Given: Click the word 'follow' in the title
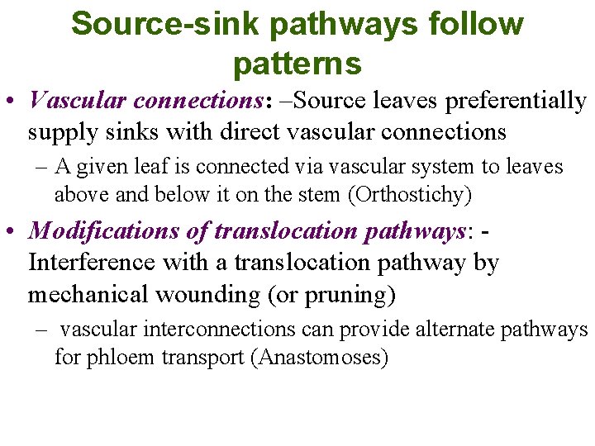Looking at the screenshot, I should [x=474, y=25].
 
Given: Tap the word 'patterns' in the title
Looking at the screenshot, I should [x=297, y=63].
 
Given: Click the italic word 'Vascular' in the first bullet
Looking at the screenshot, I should [x=77, y=101].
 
